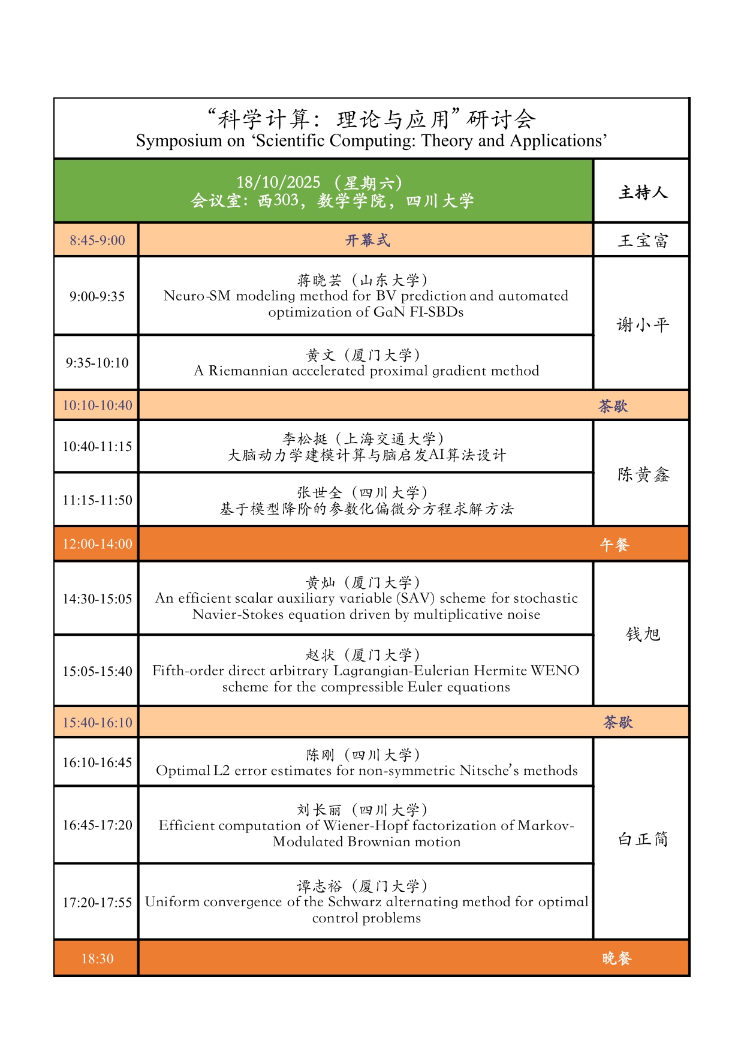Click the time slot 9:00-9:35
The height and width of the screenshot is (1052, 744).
[x=97, y=296]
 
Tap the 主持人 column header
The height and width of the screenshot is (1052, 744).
[x=643, y=193]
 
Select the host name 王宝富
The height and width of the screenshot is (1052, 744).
[x=643, y=241]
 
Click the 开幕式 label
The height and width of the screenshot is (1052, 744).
[x=368, y=241]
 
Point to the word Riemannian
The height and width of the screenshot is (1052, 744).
[x=248, y=371]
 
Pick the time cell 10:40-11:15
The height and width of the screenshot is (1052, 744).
[x=97, y=447]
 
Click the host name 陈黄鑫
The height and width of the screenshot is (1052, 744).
[x=643, y=475]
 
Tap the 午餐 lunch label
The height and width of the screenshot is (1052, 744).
[x=615, y=545]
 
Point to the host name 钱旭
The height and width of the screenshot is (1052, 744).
[x=643, y=634]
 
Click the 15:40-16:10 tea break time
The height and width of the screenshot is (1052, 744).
[x=97, y=723]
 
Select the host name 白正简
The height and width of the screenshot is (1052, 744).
[x=643, y=839]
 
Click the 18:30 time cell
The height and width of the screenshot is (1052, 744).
[x=97, y=959]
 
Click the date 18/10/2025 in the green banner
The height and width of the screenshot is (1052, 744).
[x=278, y=182]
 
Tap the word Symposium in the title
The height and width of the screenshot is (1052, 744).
[x=171, y=141]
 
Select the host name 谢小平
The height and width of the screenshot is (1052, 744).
[x=643, y=325]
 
